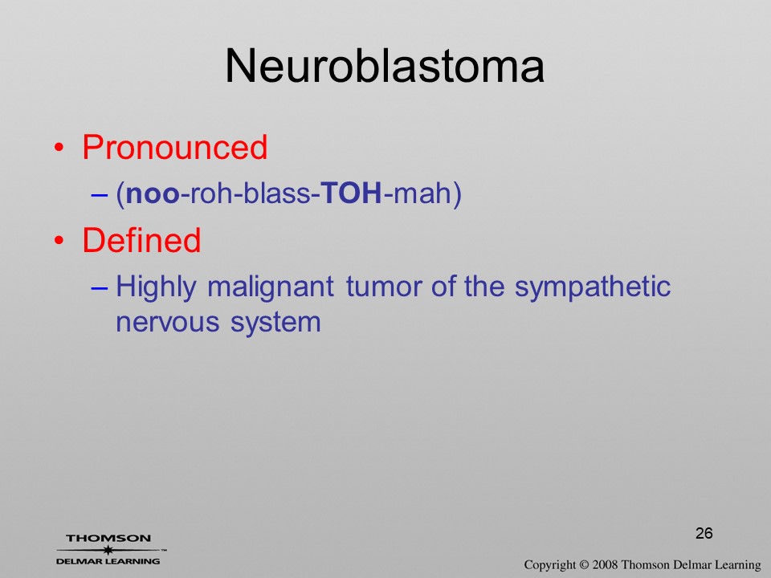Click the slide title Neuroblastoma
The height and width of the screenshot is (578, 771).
[x=385, y=66]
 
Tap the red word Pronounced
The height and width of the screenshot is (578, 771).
[x=174, y=147]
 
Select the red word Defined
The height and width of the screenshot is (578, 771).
[x=141, y=240]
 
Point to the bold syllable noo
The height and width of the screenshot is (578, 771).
[x=153, y=193]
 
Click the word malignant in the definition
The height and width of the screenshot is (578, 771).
[x=271, y=287]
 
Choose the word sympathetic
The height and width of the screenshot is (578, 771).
[x=593, y=287]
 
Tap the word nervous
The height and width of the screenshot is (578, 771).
[x=168, y=323]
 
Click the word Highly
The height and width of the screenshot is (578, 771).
[x=156, y=287]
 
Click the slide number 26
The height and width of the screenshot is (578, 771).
[x=704, y=533]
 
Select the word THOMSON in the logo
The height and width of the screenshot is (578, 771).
[x=108, y=538]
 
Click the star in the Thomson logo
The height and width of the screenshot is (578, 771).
[x=108, y=550]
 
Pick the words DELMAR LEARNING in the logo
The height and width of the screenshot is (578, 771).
[x=108, y=561]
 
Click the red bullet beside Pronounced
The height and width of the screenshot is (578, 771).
[x=59, y=148]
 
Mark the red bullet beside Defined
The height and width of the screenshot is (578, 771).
[x=59, y=240]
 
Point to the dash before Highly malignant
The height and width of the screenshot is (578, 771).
[x=99, y=288]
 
